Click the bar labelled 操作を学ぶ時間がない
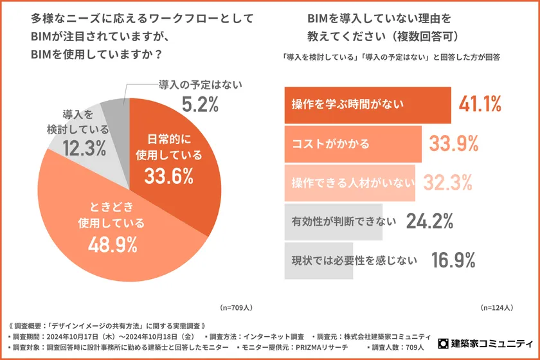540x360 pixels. tap(367, 104)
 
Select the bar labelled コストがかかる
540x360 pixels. tap(352, 143)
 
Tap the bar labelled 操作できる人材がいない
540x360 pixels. tap(349, 183)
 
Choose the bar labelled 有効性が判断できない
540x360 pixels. tap(333, 222)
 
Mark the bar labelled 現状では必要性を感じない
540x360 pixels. tap(319, 260)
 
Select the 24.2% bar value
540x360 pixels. tap(429, 222)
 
